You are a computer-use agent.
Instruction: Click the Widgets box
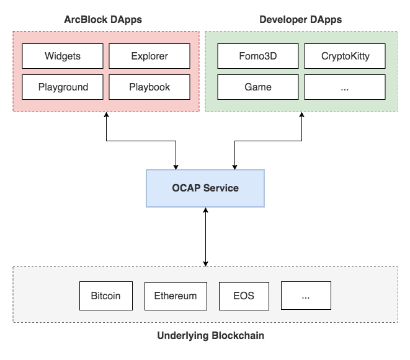point(63,56)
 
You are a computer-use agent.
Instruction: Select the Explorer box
point(149,56)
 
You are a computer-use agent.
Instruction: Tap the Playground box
point(63,87)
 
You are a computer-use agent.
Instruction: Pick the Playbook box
point(149,87)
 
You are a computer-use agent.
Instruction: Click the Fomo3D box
point(257,56)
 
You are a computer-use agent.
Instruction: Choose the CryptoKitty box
point(345,56)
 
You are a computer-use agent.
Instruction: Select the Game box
point(257,87)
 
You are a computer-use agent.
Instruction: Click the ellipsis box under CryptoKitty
point(345,87)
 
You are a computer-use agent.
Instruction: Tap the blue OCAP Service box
point(205,188)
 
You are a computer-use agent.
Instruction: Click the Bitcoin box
point(105,296)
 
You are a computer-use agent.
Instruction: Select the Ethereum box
point(176,296)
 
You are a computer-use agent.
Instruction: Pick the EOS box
point(244,296)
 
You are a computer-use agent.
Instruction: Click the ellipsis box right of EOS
point(306,296)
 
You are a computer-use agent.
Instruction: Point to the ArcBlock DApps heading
point(103,20)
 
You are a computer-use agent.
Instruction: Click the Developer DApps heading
point(300,20)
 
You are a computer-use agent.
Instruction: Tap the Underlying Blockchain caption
point(210,336)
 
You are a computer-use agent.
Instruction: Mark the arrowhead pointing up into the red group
point(107,116)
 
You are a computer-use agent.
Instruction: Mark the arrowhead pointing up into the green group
point(302,116)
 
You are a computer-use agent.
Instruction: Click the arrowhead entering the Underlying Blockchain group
point(205,263)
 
